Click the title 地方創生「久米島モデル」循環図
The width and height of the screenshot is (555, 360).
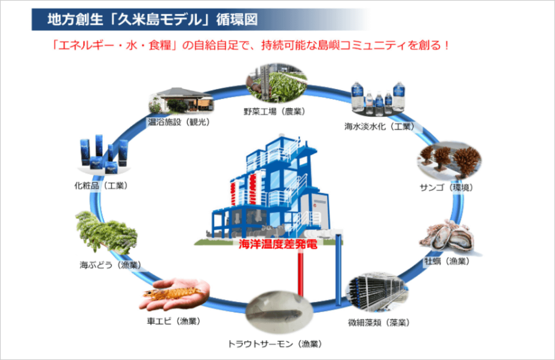tap(152, 20)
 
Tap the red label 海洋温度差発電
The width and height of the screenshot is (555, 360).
tap(278, 244)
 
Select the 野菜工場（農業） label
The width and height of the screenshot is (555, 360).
tap(274, 112)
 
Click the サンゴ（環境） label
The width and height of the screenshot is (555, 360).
tap(446, 187)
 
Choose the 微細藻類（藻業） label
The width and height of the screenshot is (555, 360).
tap(378, 322)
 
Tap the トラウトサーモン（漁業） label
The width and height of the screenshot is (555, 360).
tap(275, 344)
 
